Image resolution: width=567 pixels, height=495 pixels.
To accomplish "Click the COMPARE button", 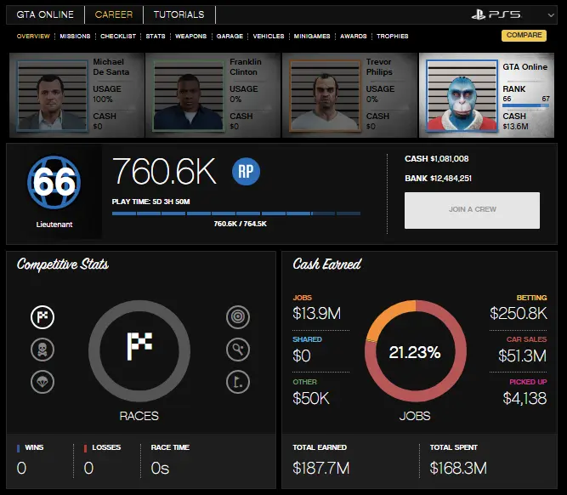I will pyautogui.click(x=524, y=36).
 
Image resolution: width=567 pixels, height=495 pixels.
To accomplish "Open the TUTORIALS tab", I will pyautogui.click(x=179, y=14).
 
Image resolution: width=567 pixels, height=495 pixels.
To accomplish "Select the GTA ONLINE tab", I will pyautogui.click(x=45, y=14).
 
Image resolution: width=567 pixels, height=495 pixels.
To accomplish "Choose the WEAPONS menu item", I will pyautogui.click(x=190, y=37).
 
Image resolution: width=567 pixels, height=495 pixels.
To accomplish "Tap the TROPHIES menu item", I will pyautogui.click(x=392, y=37).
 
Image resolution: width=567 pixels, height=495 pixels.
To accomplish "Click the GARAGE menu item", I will pyautogui.click(x=230, y=37).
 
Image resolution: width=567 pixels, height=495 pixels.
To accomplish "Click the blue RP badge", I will pyautogui.click(x=247, y=171).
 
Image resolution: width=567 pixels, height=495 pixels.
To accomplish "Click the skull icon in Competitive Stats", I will pyautogui.click(x=42, y=349).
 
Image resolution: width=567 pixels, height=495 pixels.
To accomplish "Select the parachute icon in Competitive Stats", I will pyautogui.click(x=42, y=380).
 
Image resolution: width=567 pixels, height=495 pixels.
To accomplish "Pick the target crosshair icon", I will pyautogui.click(x=238, y=317).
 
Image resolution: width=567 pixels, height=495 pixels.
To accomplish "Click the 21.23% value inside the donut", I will pyautogui.click(x=415, y=352).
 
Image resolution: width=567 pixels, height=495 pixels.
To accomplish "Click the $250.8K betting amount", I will pyautogui.click(x=518, y=313).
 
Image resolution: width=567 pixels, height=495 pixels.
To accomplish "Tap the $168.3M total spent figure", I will pyautogui.click(x=458, y=467).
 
